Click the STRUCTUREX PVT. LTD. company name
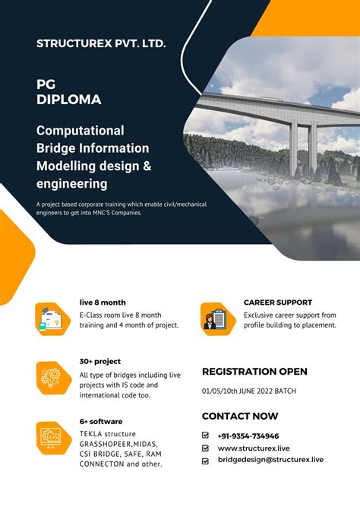(x=101, y=44)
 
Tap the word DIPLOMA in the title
(x=68, y=99)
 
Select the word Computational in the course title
(x=80, y=131)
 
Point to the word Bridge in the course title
(x=56, y=148)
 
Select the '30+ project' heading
(x=100, y=361)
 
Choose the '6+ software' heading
(x=101, y=421)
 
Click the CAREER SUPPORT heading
(x=278, y=302)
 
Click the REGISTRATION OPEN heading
(x=254, y=372)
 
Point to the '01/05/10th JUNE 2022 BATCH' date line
(x=249, y=391)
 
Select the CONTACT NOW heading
(x=240, y=416)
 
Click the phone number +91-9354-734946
(x=248, y=436)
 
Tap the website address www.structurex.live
(x=254, y=448)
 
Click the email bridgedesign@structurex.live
(x=270, y=460)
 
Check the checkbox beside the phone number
(x=205, y=436)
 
